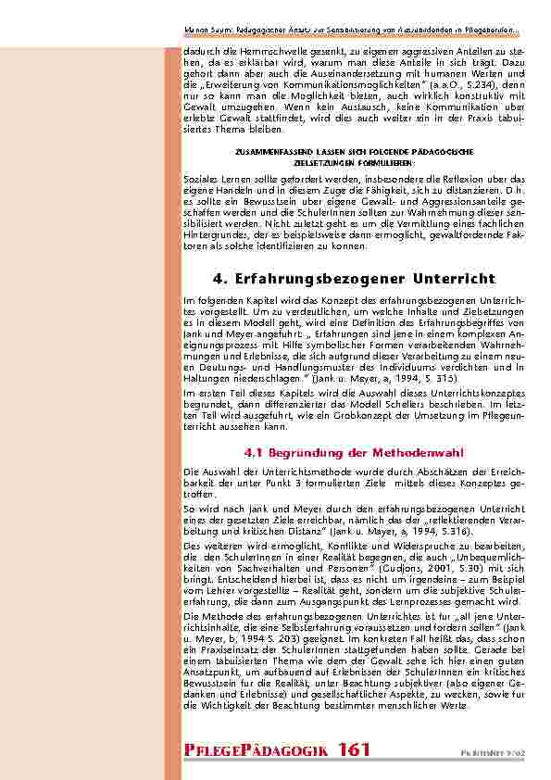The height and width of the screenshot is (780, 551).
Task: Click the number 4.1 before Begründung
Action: coord(254,453)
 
